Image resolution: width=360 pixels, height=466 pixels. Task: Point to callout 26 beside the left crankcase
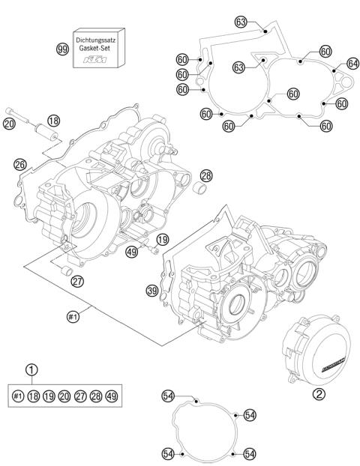coord(20,164)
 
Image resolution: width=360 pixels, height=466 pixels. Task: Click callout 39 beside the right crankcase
coord(151,291)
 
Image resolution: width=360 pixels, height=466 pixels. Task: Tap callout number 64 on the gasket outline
coord(352,64)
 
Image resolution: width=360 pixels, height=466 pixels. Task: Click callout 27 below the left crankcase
coord(78,281)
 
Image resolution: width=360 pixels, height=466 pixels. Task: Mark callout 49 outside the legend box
coord(131,251)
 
